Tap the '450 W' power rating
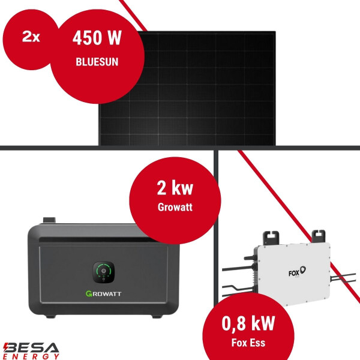(97, 38)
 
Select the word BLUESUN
(97, 61)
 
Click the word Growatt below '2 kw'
(172, 210)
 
